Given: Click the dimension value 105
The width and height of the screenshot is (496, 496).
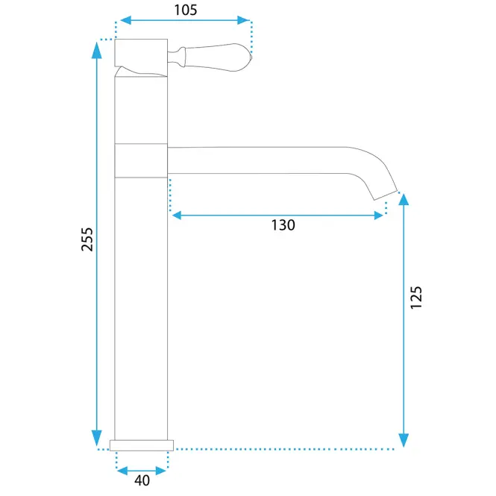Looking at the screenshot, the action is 186,10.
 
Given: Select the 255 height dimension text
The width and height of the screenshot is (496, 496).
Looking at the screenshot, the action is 87,239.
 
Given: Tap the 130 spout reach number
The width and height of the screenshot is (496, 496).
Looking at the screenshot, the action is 283,225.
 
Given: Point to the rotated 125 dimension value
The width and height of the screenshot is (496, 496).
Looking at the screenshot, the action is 416,298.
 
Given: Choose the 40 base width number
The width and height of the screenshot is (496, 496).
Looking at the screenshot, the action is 142,480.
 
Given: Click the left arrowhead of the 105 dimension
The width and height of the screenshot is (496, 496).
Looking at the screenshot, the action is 125,20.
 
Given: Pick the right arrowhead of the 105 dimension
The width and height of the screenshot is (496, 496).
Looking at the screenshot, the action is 243,20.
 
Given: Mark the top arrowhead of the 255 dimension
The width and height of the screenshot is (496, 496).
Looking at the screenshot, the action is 97,50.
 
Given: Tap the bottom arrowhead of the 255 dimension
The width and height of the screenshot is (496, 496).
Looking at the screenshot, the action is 97,438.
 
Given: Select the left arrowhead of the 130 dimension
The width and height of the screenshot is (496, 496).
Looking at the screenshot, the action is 177,216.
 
